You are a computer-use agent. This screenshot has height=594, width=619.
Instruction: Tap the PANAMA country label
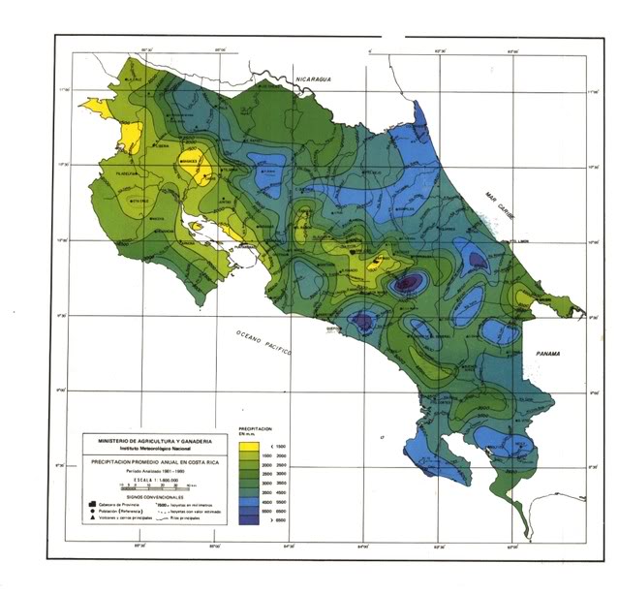click(550, 356)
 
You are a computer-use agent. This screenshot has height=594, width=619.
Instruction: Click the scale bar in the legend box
click(145, 484)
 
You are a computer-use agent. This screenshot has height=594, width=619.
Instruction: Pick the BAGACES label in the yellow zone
click(190, 161)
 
